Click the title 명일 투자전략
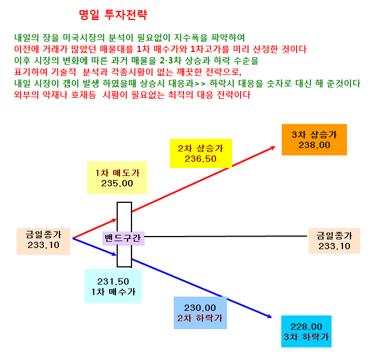pyautogui.click(x=113, y=15)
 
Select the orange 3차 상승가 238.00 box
pyautogui.click(x=314, y=139)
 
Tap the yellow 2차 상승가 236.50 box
pyautogui.click(x=201, y=153)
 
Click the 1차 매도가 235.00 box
pyautogui.click(x=117, y=178)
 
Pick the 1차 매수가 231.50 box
pyautogui.click(x=113, y=286)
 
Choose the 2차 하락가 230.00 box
pyautogui.click(x=200, y=313)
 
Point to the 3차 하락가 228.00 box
pyautogui.click(x=306, y=331)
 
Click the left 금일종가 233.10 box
pyautogui.click(x=43, y=241)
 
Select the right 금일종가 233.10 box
pyautogui.click(x=334, y=241)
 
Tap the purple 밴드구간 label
pyautogui.click(x=123, y=238)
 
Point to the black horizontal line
pyautogui.click(x=225, y=237)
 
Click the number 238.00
pyautogui.click(x=314, y=145)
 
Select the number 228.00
pyautogui.click(x=306, y=326)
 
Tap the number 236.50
pyautogui.click(x=201, y=159)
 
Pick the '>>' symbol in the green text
pyautogui.click(x=200, y=83)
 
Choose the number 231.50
pyautogui.click(x=113, y=282)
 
